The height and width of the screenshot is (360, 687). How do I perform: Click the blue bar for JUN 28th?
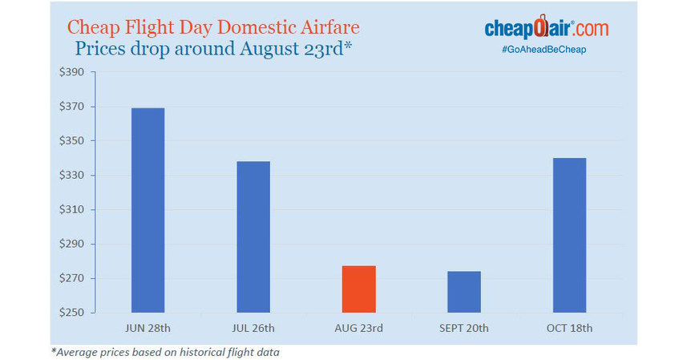[148, 210]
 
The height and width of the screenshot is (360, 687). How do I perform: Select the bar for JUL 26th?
[253, 237]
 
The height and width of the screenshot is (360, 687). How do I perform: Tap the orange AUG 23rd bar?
[358, 289]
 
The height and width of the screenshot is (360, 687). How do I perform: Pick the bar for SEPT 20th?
[464, 292]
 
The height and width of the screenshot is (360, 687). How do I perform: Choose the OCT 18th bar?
[569, 235]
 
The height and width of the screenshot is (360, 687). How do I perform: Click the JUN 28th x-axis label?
[148, 329]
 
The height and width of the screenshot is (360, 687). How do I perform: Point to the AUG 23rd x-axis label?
[358, 329]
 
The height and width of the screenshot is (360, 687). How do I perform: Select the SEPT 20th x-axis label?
[464, 329]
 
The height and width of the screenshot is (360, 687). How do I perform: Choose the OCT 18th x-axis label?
[569, 329]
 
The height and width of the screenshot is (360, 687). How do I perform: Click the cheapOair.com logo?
[546, 28]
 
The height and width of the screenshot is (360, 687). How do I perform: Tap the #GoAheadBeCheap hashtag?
[546, 50]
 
